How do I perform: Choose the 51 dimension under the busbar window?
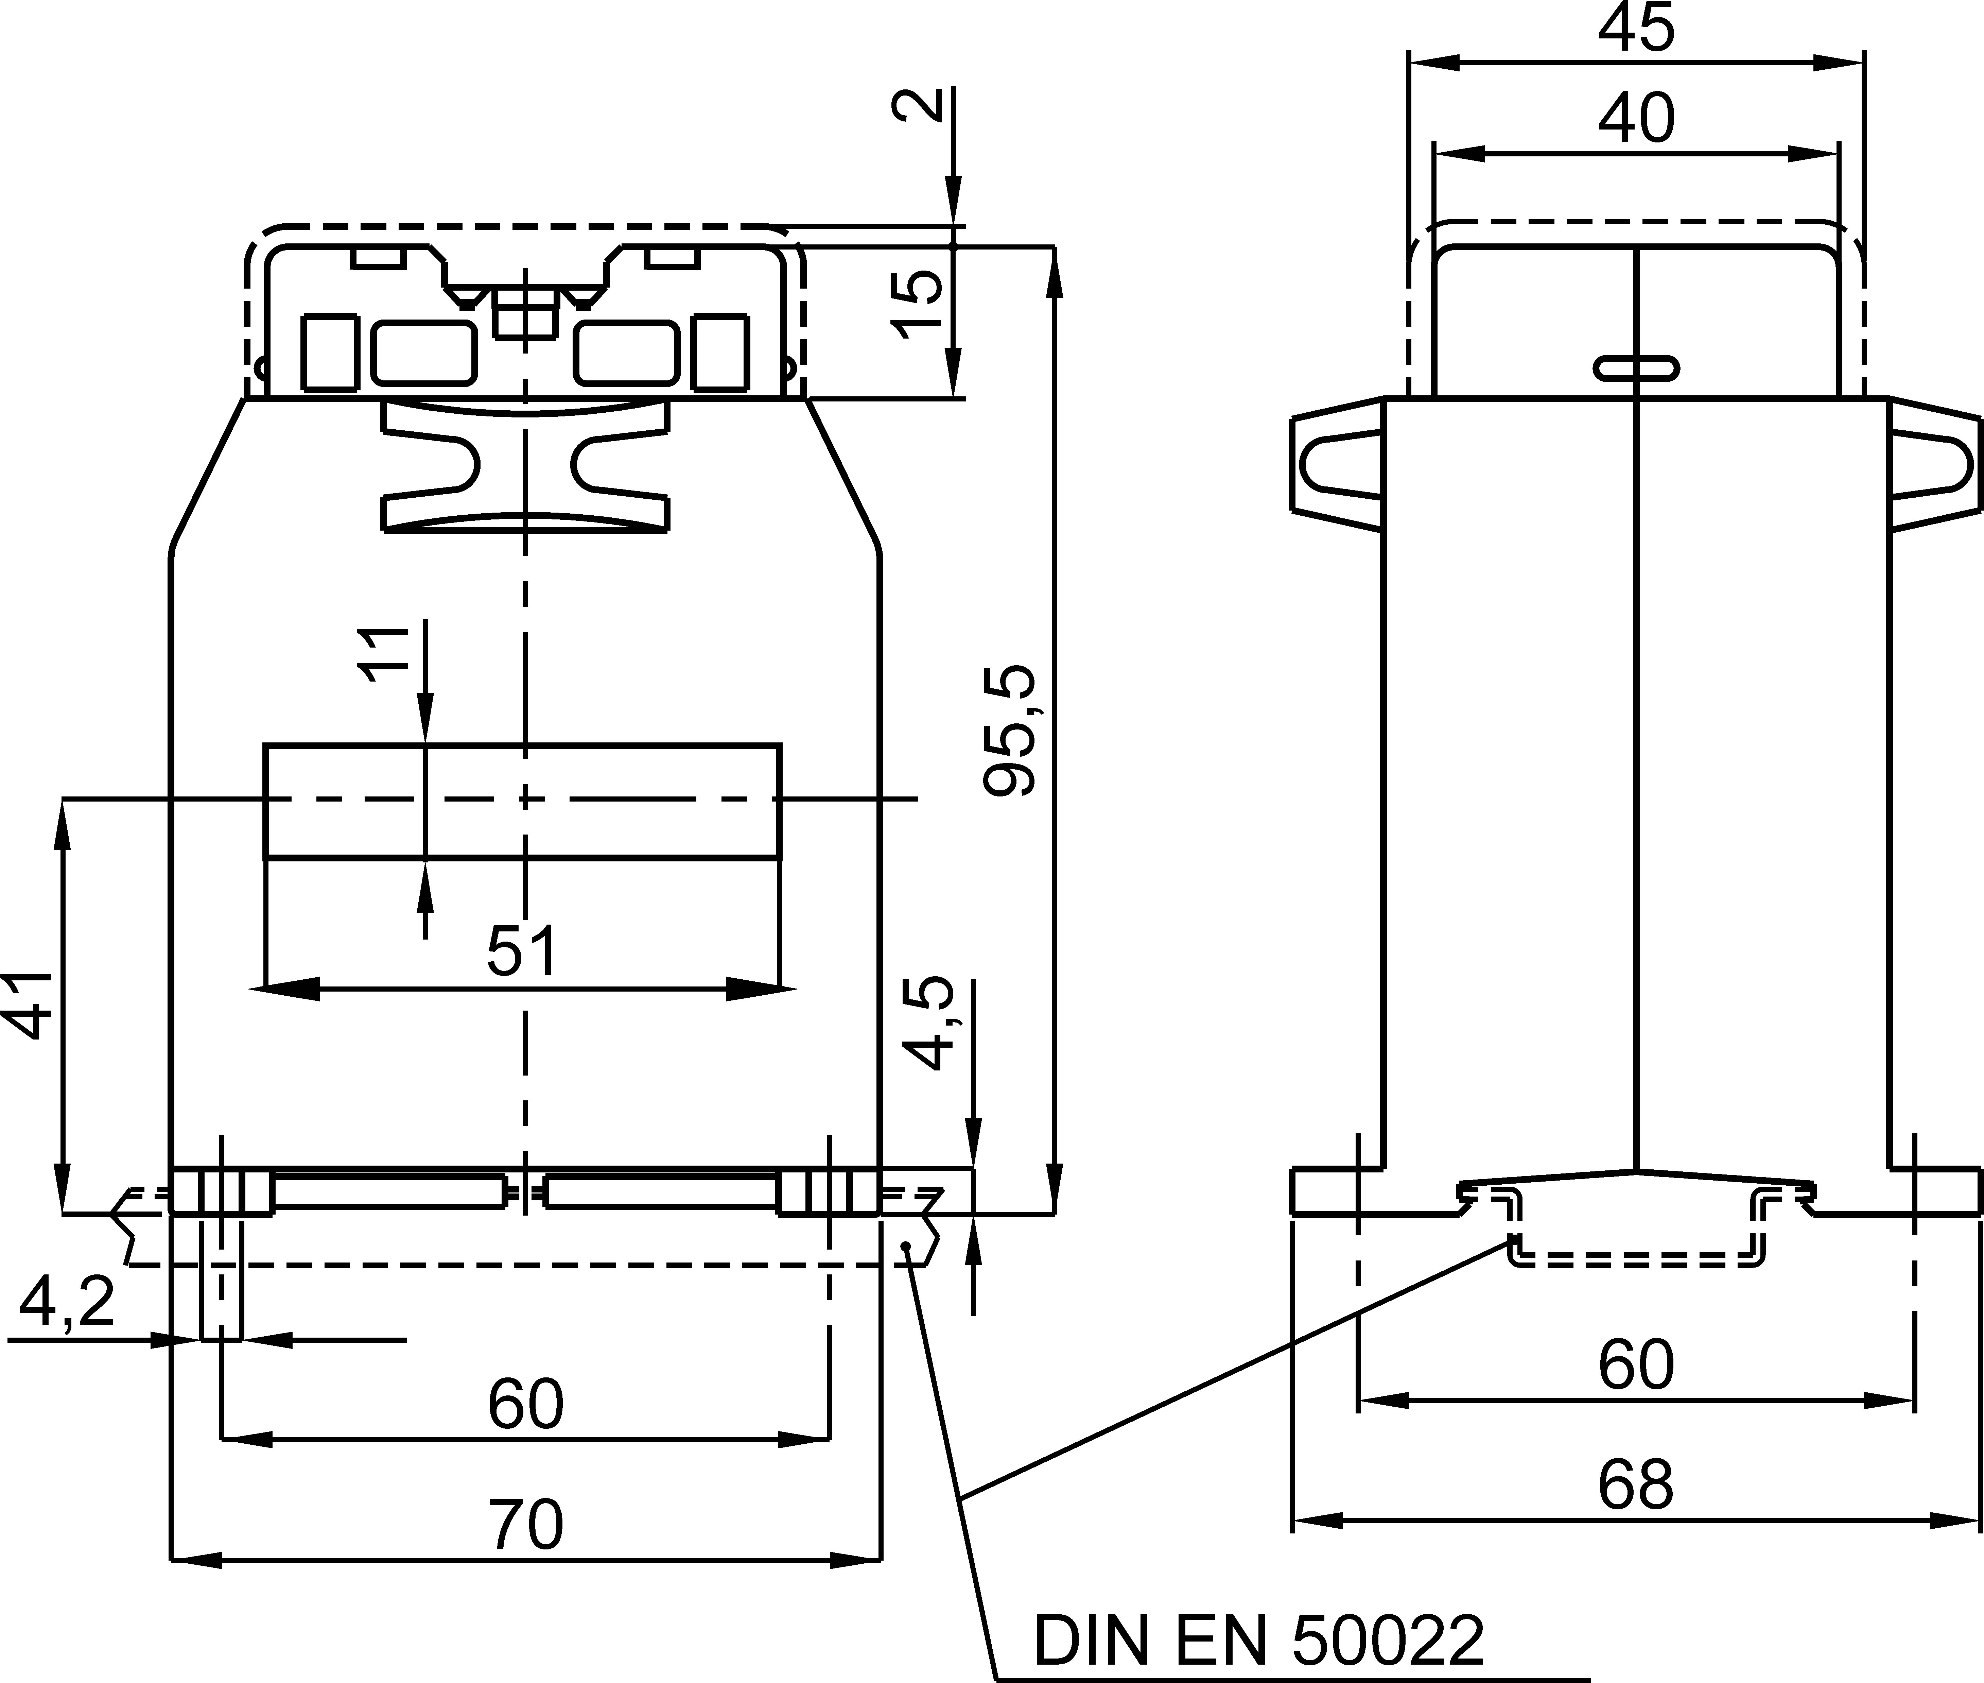[x=522, y=950]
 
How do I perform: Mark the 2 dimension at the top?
[x=918, y=105]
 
